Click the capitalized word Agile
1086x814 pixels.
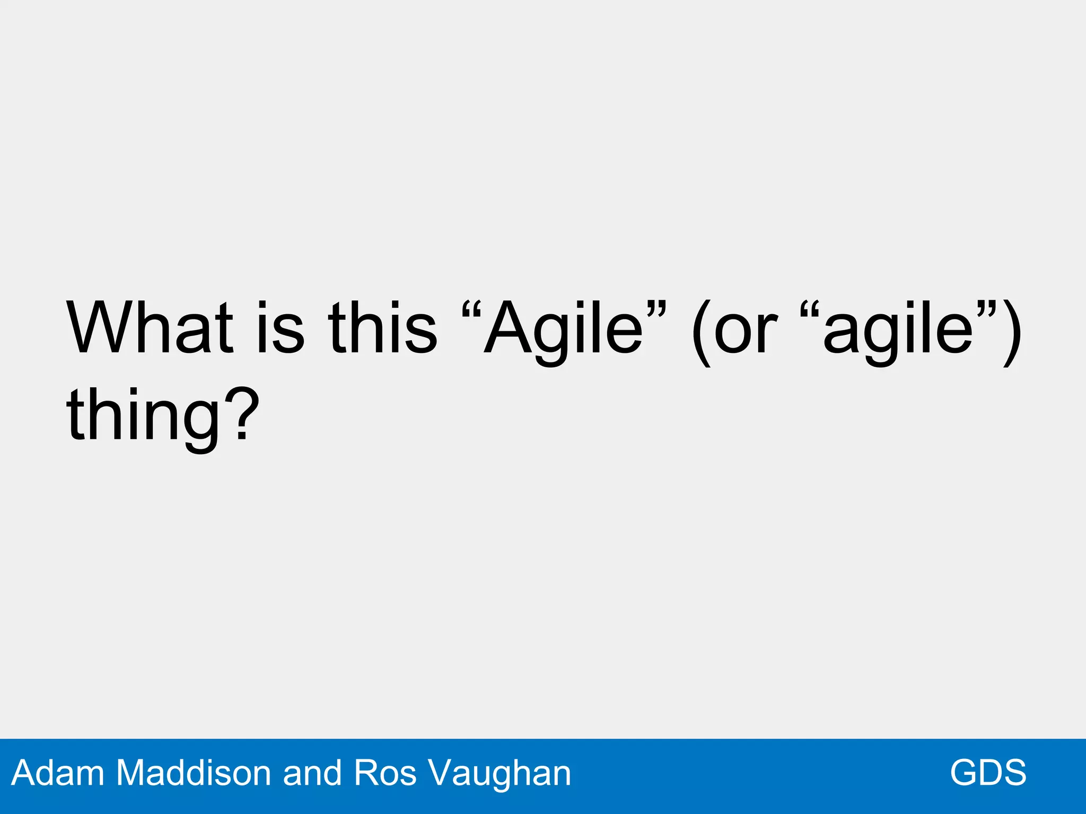563,332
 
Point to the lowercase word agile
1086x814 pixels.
898,332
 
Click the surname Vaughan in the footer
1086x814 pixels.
500,774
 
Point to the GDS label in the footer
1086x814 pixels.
988,773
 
